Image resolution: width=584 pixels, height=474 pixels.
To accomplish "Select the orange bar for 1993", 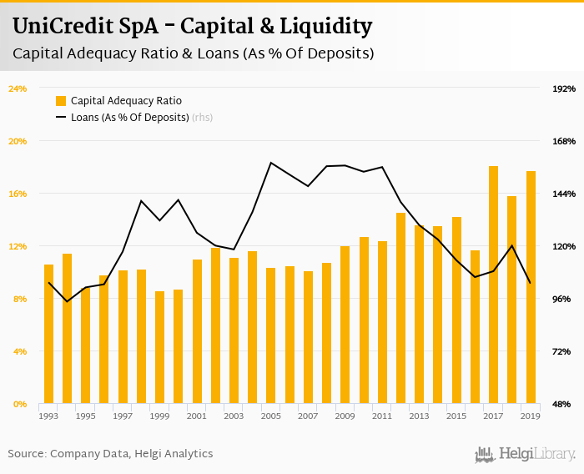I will [48, 334].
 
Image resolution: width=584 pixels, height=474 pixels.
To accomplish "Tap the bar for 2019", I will [531, 288].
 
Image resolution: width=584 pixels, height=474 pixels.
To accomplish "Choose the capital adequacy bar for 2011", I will [382, 322].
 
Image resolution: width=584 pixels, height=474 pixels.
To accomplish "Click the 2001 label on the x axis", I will [197, 416].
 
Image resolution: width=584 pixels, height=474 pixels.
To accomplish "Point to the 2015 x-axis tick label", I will [456, 416].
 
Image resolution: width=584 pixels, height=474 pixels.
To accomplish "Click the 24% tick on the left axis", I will [18, 88].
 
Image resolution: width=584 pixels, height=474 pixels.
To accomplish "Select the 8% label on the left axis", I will [18, 299].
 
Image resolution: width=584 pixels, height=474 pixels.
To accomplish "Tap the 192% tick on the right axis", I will [565, 88].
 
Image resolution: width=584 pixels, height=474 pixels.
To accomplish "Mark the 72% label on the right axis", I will [565, 351].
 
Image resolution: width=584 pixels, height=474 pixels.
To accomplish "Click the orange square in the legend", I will [61, 101].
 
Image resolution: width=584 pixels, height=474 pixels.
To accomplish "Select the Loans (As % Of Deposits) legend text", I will [129, 117].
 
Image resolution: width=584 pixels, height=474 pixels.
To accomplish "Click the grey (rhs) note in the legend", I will [202, 117].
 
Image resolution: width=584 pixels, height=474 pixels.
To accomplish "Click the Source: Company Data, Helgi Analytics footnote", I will [110, 453].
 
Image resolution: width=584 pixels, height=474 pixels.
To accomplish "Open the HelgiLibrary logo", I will [525, 453].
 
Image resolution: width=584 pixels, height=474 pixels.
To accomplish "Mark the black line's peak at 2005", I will [271, 163].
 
